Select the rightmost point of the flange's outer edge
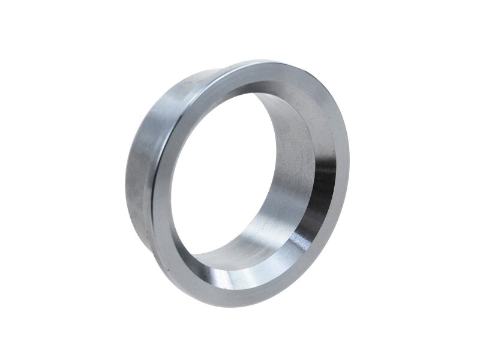(350, 150)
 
